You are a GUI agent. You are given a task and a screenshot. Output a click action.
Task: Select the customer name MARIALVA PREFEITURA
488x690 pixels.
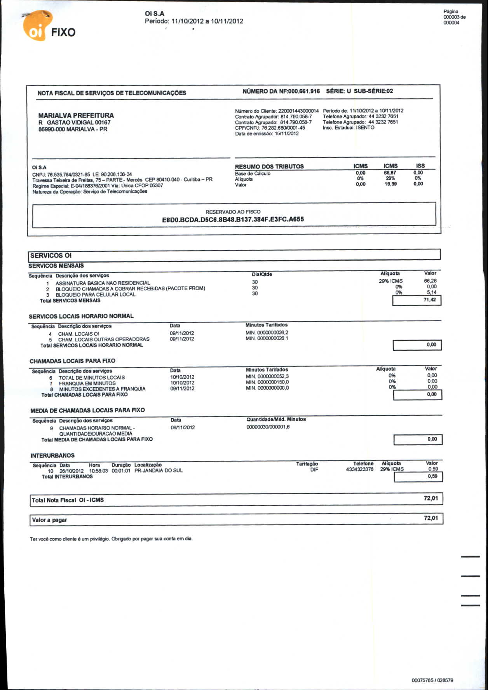pos(76,115)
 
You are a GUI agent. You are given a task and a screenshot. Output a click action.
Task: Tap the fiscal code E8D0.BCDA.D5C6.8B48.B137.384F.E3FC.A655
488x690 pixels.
pos(233,220)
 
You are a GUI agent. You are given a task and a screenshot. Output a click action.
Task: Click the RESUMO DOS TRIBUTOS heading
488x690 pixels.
pos(269,166)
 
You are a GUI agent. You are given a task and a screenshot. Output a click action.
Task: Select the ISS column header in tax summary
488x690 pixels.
pos(420,166)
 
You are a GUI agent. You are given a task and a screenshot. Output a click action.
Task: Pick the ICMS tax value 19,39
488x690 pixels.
pos(390,184)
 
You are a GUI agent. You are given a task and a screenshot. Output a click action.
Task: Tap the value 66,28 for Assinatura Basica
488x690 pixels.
pos(430,281)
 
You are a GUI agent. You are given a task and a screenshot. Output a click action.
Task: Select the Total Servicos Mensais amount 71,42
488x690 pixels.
pos(429,300)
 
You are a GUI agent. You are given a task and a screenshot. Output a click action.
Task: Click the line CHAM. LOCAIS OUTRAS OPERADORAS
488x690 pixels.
pos(104,339)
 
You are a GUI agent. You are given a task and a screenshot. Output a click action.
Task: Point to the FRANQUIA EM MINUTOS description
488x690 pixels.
pos(87,383)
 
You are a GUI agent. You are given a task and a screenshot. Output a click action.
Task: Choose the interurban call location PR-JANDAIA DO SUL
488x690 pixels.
pos(158,470)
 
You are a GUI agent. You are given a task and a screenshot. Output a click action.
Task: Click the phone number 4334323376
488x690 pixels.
pos(359,469)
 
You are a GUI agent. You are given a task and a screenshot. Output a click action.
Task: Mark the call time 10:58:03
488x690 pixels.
pos(98,470)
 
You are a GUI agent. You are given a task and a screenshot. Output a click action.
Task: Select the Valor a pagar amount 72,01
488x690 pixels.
pos(430,518)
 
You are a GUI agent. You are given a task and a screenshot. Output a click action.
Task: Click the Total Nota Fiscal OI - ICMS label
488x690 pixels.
pos(68,500)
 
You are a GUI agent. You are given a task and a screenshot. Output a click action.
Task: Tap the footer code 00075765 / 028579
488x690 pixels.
pos(432,680)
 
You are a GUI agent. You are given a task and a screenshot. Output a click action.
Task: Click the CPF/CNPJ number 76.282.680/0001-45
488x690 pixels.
pos(283,128)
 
